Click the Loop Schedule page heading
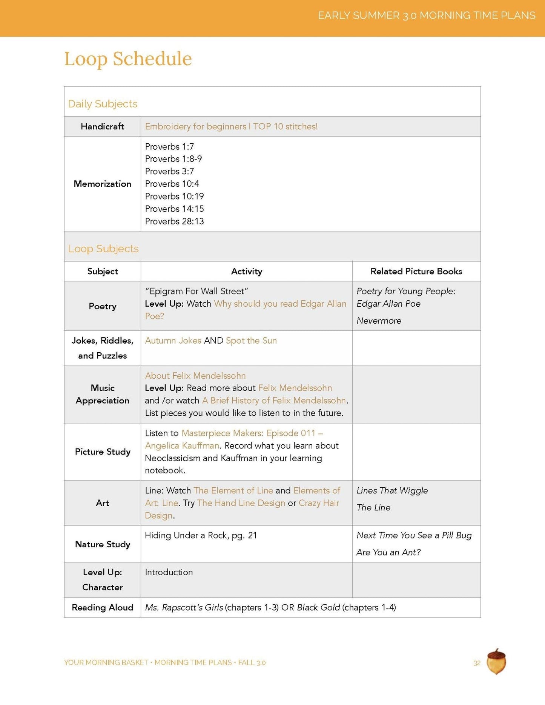[x=128, y=59]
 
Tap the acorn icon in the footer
[x=496, y=662]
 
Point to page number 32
[x=477, y=663]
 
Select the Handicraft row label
[x=102, y=126]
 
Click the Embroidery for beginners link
[x=231, y=126]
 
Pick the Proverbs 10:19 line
[x=174, y=196]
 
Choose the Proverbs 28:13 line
[x=174, y=221]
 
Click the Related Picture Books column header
[x=416, y=271]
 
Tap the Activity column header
[x=246, y=271]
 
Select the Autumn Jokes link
[x=173, y=340]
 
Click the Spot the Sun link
[x=251, y=340]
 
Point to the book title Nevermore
[x=379, y=321]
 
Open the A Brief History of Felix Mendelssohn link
[x=274, y=400]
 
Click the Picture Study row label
[x=102, y=452]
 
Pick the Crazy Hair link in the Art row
[x=319, y=503]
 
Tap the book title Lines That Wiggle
[x=392, y=490]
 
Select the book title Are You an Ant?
[x=388, y=552]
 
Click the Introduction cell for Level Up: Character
[x=169, y=572]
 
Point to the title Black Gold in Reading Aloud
[x=318, y=607]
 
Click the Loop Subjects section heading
[x=103, y=249]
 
